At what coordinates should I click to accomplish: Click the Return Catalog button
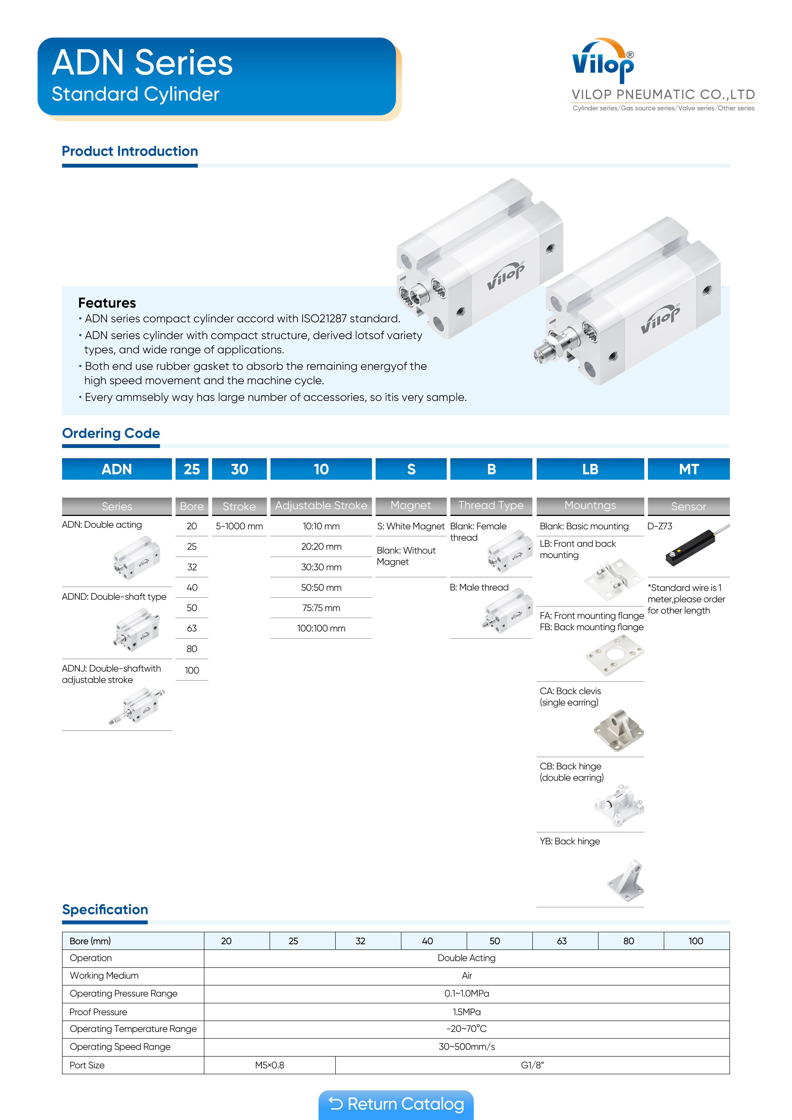[x=396, y=1104]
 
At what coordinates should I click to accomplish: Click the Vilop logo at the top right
[x=603, y=61]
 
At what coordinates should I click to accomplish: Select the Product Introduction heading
[x=130, y=151]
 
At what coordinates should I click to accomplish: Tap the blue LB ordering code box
[x=590, y=469]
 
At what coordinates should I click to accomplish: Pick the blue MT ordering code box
[x=688, y=469]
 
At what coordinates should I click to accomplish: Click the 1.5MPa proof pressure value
[x=466, y=1012]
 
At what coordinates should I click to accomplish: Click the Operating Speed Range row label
[x=120, y=1047]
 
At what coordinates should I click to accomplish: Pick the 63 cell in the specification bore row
[x=562, y=941]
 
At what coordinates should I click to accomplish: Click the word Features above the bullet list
[x=107, y=303]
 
